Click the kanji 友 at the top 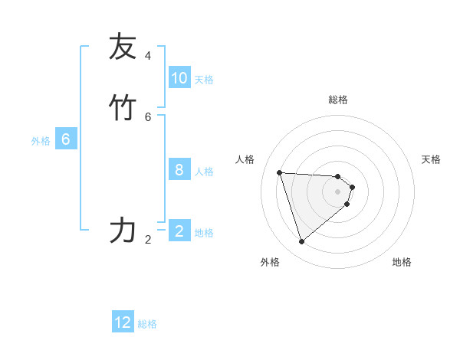pos(122,47)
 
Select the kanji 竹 pos(122,107)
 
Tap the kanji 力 pos(122,230)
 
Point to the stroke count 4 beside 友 pos(148,56)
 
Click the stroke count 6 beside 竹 pos(148,116)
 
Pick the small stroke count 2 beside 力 pos(148,240)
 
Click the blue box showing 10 pos(179,78)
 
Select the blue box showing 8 pos(179,170)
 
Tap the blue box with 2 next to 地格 pos(179,231)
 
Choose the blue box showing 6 pos(66,139)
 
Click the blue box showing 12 pos(123,322)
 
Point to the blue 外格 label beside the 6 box pos(41,141)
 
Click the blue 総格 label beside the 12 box pos(147,324)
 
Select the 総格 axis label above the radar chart pos(338,100)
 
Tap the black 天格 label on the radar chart pos(431,159)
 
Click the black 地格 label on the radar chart pos(402,262)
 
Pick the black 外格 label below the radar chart pos(270,262)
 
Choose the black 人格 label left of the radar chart pos(245,159)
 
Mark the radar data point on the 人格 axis pos(280,172)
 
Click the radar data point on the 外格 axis pos(301,241)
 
